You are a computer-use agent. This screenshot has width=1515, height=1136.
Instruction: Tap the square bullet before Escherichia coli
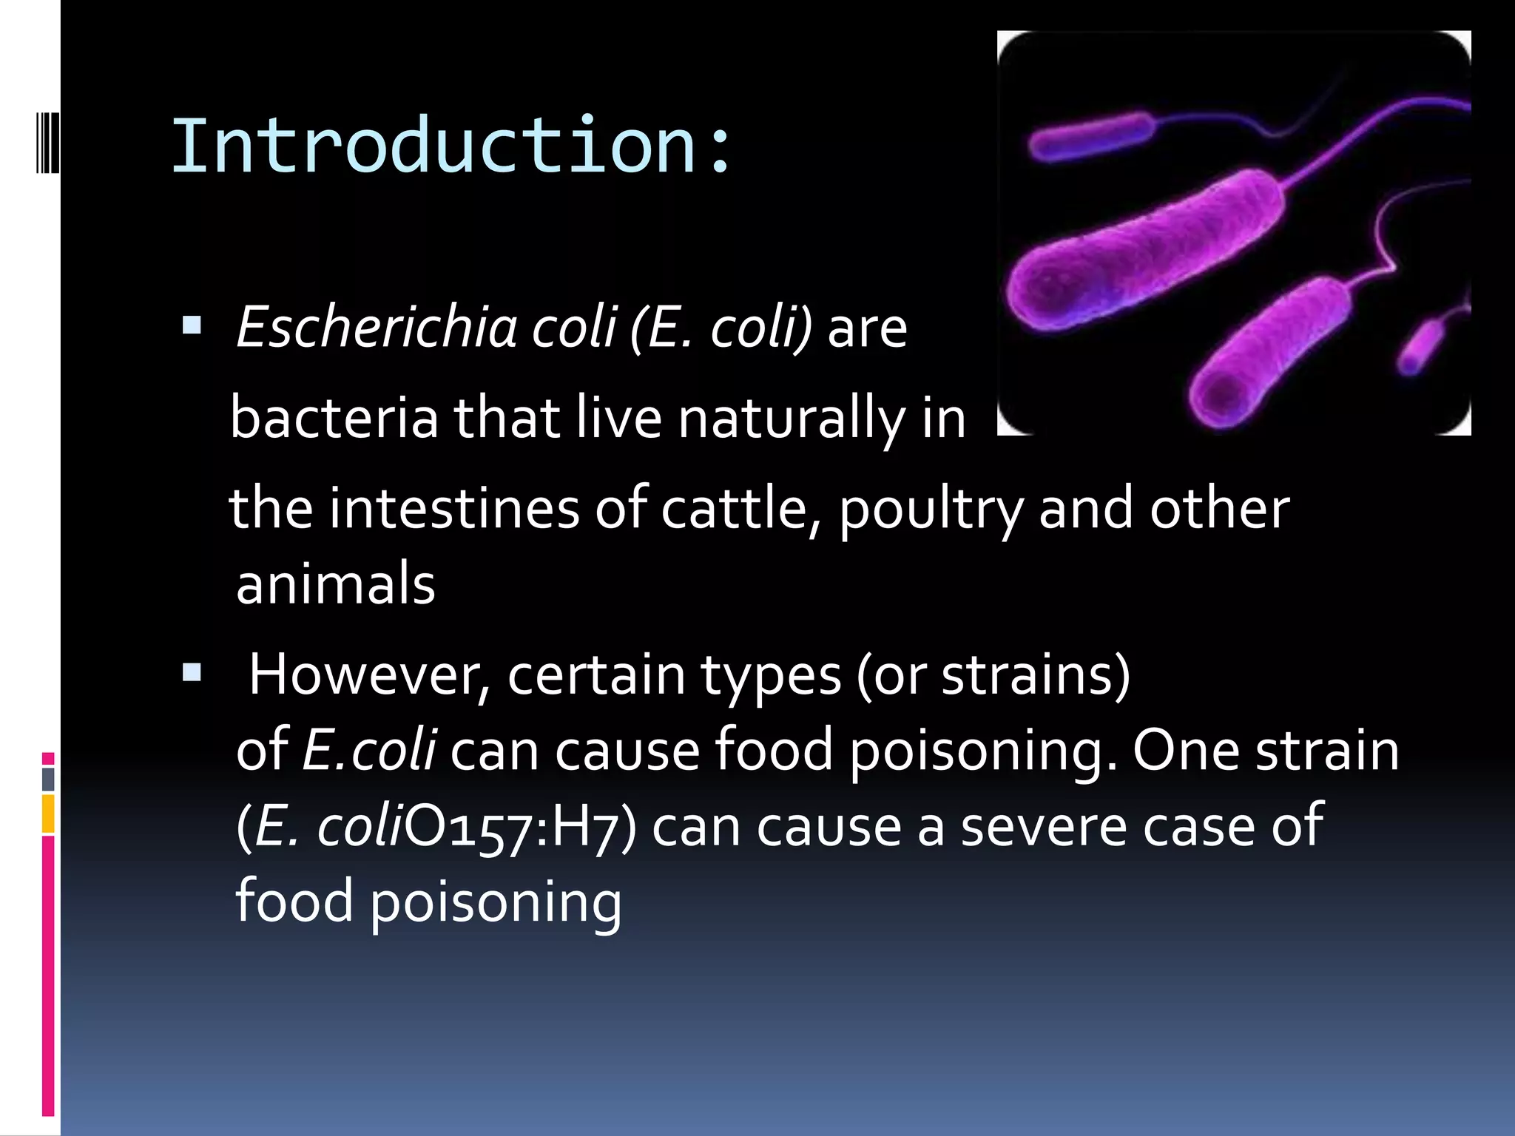pos(192,325)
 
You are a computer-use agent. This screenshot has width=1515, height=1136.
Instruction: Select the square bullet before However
pos(192,672)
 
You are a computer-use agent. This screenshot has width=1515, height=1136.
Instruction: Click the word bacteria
pos(334,418)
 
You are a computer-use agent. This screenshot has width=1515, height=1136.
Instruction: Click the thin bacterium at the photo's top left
pos(1091,136)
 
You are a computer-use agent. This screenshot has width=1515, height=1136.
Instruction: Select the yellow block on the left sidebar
pos(48,814)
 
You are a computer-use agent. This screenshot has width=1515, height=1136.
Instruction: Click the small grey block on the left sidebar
pos(48,779)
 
